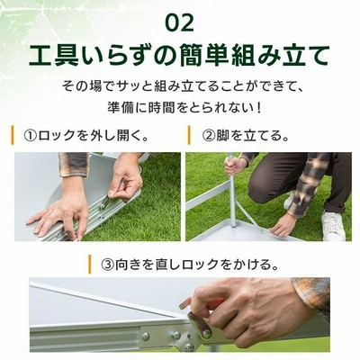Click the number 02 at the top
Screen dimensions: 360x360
click(180, 23)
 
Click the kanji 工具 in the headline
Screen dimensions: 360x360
click(52, 56)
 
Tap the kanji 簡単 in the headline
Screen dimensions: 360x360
click(205, 56)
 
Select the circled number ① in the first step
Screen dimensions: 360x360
click(31, 136)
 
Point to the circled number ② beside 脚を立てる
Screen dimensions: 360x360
click(209, 136)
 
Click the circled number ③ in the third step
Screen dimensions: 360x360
click(108, 265)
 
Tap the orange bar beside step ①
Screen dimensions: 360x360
click(13, 135)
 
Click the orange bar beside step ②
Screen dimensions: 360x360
click(189, 135)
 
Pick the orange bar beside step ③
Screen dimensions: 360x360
click(89, 265)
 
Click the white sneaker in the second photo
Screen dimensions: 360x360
click(333, 225)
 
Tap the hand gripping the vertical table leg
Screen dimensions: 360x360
click(236, 166)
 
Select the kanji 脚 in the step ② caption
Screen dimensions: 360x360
click(222, 136)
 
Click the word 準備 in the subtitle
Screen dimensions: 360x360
click(121, 108)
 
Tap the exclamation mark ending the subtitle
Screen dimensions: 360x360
click(259, 108)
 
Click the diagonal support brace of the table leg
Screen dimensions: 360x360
click(249, 214)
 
